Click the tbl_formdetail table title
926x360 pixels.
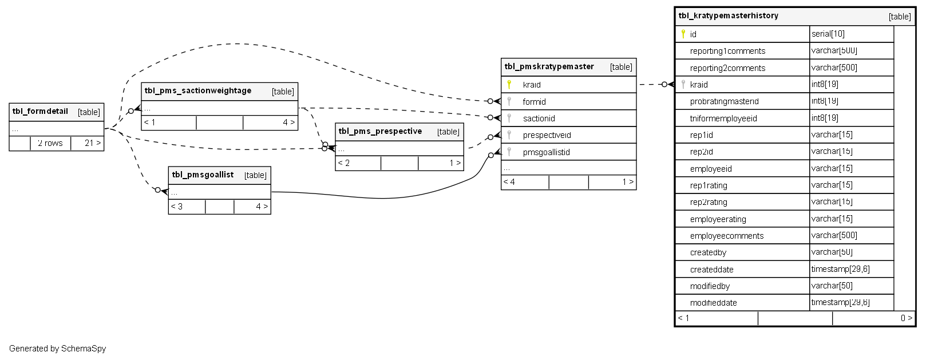[40, 112]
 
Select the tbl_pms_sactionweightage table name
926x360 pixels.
[197, 91]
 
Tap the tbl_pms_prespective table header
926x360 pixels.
[380, 132]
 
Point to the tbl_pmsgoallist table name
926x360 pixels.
[203, 175]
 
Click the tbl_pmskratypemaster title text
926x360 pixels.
[549, 67]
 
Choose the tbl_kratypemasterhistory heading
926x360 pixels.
[728, 16]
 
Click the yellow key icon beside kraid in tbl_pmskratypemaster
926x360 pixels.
[509, 85]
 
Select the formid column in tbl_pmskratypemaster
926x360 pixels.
[534, 102]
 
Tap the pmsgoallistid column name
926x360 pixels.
[546, 152]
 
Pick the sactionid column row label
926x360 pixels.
[539, 118]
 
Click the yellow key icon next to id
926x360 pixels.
[683, 34]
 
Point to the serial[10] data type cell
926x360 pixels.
[828, 34]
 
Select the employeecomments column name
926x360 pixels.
[726, 236]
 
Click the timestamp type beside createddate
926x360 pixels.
[840, 269]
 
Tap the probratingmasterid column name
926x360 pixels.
[724, 101]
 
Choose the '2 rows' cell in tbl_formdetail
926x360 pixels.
[50, 143]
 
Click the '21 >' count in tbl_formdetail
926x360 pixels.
[92, 143]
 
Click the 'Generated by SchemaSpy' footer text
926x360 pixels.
[57, 349]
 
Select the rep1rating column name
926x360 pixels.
[709, 185]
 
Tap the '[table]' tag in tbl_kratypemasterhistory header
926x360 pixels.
[899, 17]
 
